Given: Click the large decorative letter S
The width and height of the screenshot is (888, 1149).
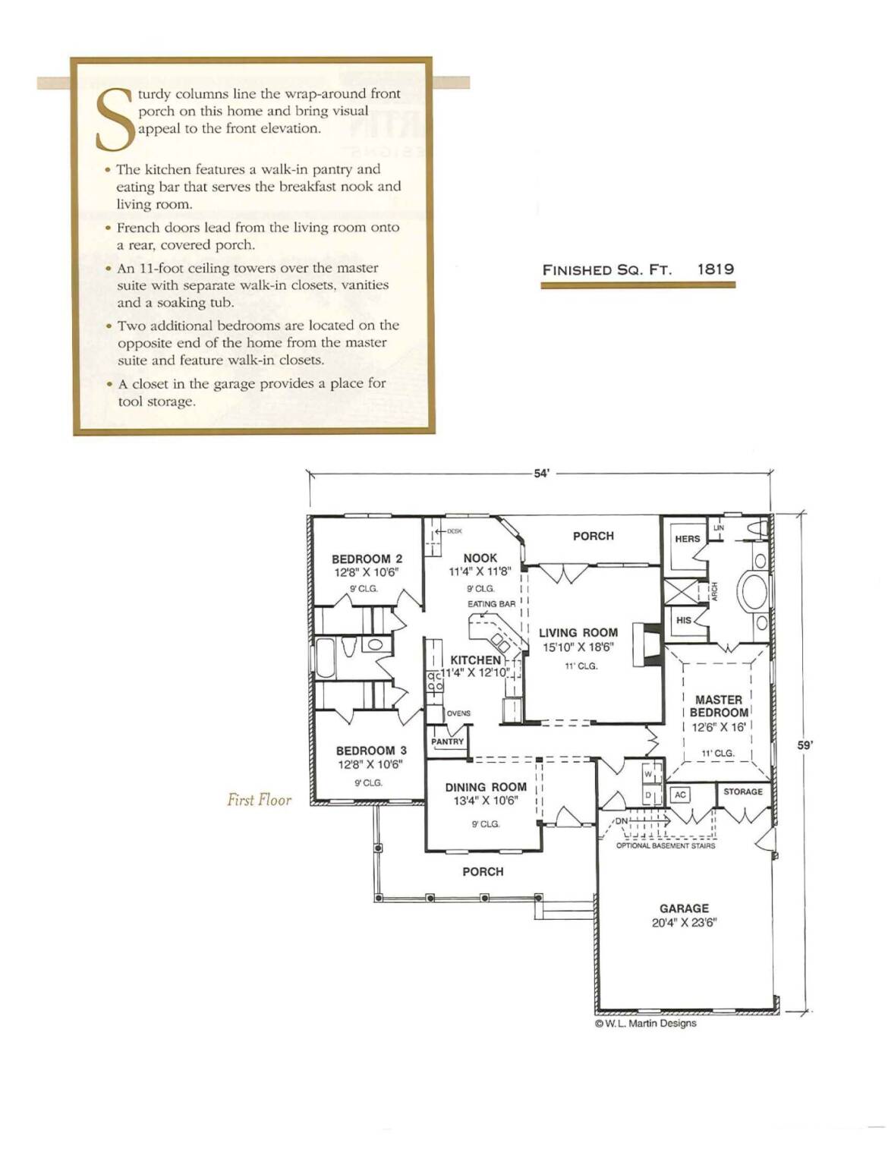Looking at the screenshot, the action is click(x=113, y=119).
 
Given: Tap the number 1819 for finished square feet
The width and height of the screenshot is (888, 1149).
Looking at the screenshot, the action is click(x=716, y=269).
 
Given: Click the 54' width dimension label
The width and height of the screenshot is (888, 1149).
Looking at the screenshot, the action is click(x=541, y=474).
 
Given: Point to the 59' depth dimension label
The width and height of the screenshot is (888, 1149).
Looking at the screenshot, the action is click(x=805, y=745).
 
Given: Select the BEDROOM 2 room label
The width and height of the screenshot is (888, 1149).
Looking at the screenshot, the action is click(x=367, y=559).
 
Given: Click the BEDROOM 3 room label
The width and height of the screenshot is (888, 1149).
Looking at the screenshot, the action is click(x=371, y=751).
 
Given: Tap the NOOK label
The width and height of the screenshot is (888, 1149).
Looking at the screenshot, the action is click(x=480, y=558).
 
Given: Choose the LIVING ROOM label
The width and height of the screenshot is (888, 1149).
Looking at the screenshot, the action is click(x=578, y=632).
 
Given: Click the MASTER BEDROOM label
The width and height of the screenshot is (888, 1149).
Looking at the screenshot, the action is click(x=719, y=706).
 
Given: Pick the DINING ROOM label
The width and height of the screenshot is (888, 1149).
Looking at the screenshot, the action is click(x=486, y=787).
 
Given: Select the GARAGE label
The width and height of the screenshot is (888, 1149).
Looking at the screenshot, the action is click(x=684, y=908).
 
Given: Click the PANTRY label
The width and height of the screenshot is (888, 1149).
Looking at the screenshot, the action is click(x=447, y=742).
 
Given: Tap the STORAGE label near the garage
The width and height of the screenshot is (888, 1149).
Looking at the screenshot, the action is click(x=742, y=792).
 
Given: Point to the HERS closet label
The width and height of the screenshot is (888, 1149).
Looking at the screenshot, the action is click(x=687, y=539).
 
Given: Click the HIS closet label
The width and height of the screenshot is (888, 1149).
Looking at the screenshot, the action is click(x=683, y=620).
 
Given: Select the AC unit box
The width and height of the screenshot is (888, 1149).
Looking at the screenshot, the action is click(x=680, y=795).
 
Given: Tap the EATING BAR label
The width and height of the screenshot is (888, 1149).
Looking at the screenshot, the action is click(x=491, y=604).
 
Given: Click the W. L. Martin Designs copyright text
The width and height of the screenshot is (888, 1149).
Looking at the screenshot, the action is click(x=645, y=1023).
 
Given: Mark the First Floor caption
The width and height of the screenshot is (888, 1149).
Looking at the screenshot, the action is click(x=259, y=800).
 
